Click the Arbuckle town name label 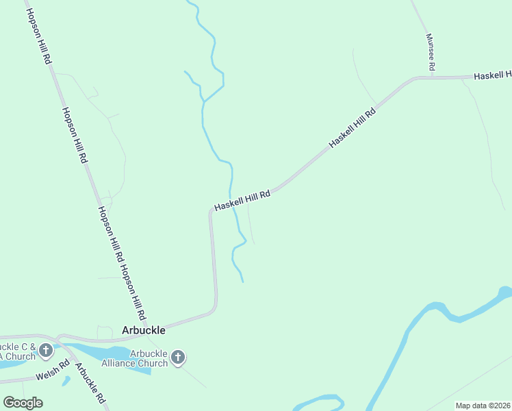(143, 329)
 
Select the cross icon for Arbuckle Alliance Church (178, 357)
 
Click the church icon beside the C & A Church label (46, 351)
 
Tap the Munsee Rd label (430, 53)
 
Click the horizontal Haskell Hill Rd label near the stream (242, 201)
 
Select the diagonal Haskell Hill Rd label (353, 128)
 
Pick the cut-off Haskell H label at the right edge (494, 74)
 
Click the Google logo (23, 403)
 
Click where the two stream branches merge (204, 101)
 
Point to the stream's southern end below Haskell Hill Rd (242, 281)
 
